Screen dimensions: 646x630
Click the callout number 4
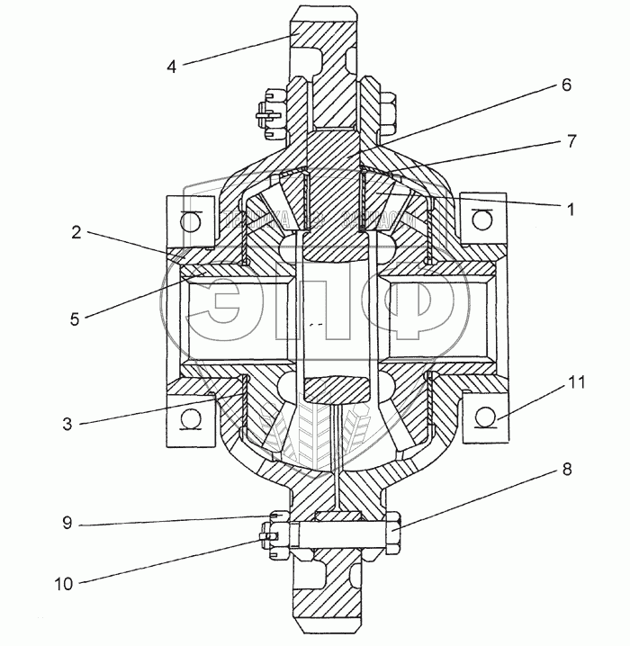172,66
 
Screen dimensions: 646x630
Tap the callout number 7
571,141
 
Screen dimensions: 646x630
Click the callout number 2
77,232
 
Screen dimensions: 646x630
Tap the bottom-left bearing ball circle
189,417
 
